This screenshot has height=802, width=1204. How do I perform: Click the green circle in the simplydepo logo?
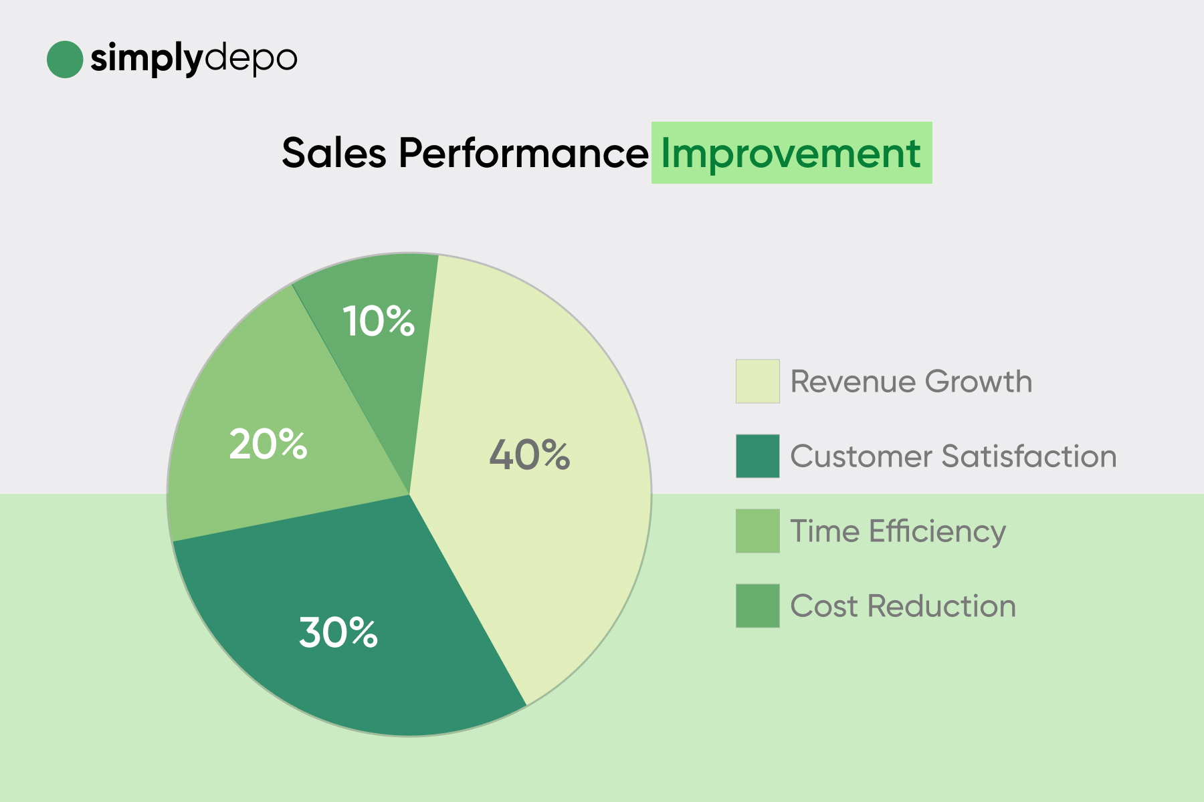(65, 59)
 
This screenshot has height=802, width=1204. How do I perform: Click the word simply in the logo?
(146, 60)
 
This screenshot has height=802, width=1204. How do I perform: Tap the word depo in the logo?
(250, 60)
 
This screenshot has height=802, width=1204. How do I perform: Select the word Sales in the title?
(334, 153)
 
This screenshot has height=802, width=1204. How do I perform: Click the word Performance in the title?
(524, 153)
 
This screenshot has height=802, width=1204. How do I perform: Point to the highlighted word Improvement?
(791, 153)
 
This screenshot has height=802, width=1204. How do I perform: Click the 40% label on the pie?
(530, 455)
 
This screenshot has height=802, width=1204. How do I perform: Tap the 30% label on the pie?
(338, 632)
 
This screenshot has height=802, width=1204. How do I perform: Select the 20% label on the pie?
(268, 444)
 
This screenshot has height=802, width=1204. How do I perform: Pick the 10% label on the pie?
(379, 321)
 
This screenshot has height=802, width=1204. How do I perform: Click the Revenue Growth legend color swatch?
(758, 382)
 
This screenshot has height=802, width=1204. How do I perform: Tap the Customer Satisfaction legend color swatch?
(758, 456)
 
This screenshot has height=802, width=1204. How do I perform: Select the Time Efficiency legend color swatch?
(758, 531)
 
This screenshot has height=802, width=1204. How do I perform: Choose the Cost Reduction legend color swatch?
(758, 606)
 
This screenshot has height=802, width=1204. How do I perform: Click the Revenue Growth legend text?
(912, 382)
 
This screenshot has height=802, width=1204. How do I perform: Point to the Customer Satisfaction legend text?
(954, 456)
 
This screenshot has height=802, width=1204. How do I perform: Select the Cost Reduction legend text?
(904, 606)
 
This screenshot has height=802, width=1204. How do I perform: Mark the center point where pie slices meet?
(409, 495)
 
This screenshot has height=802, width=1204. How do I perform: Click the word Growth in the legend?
(979, 382)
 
